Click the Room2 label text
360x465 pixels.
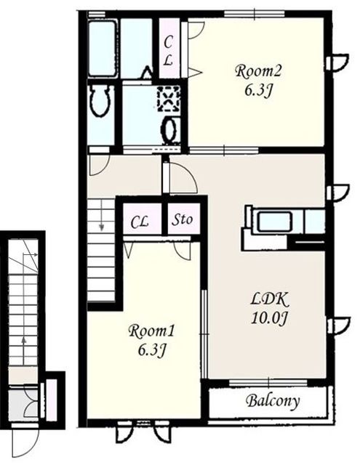click(x=258, y=71)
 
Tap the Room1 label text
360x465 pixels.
click(x=152, y=331)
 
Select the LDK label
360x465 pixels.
click(x=269, y=300)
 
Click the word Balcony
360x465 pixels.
click(x=273, y=401)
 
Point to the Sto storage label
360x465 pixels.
click(x=183, y=219)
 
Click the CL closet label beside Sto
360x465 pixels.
click(x=140, y=222)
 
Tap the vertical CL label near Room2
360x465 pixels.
click(x=168, y=51)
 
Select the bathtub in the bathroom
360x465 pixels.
click(x=102, y=49)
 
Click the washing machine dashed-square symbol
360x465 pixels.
click(x=169, y=99)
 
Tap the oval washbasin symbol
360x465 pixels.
click(x=170, y=129)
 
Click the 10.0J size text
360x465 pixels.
click(x=270, y=318)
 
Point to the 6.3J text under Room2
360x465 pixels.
click(x=258, y=90)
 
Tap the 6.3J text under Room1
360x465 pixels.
click(x=151, y=350)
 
